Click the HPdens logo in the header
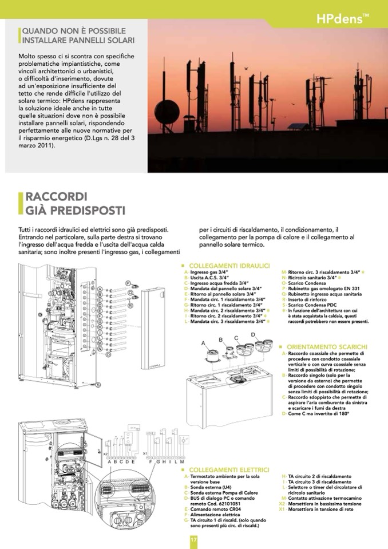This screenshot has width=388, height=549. click(x=342, y=19)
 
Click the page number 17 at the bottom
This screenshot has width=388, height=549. click(x=193, y=540)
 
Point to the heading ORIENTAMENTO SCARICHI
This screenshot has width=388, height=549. click(x=326, y=347)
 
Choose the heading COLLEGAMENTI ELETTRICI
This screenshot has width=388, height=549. click(x=229, y=469)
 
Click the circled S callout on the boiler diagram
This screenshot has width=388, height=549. click(x=98, y=385)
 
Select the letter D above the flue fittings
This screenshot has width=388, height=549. click(x=252, y=334)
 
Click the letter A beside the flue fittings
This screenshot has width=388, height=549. click(x=203, y=343)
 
